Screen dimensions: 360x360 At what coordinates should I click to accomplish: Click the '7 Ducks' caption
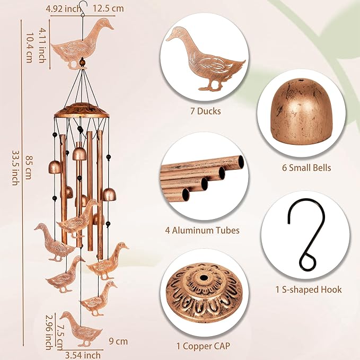205,112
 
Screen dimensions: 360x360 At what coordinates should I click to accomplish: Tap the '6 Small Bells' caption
306,168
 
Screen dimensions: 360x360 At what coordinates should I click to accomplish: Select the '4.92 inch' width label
64,8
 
